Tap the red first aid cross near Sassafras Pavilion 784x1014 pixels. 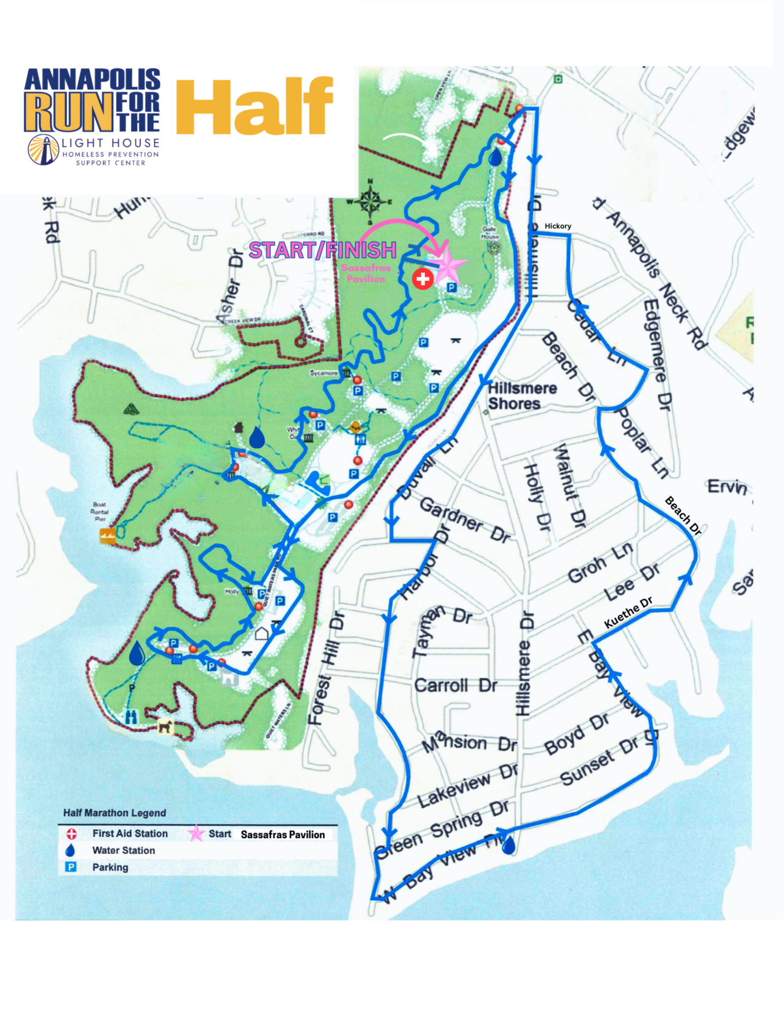point(422,278)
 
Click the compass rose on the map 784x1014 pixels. point(370,202)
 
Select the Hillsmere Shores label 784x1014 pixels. point(522,396)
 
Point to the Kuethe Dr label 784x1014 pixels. point(628,613)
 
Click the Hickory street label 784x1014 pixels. point(558,226)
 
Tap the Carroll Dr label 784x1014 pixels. point(455,686)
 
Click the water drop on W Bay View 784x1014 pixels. point(508,845)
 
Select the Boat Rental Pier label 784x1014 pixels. point(99,511)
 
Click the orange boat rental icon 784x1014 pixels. point(107,536)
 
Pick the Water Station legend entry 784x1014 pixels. point(123,850)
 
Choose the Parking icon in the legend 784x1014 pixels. point(71,867)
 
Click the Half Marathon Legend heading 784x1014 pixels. point(115,813)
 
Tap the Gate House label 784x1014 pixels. point(490,233)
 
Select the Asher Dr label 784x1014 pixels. point(231,288)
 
